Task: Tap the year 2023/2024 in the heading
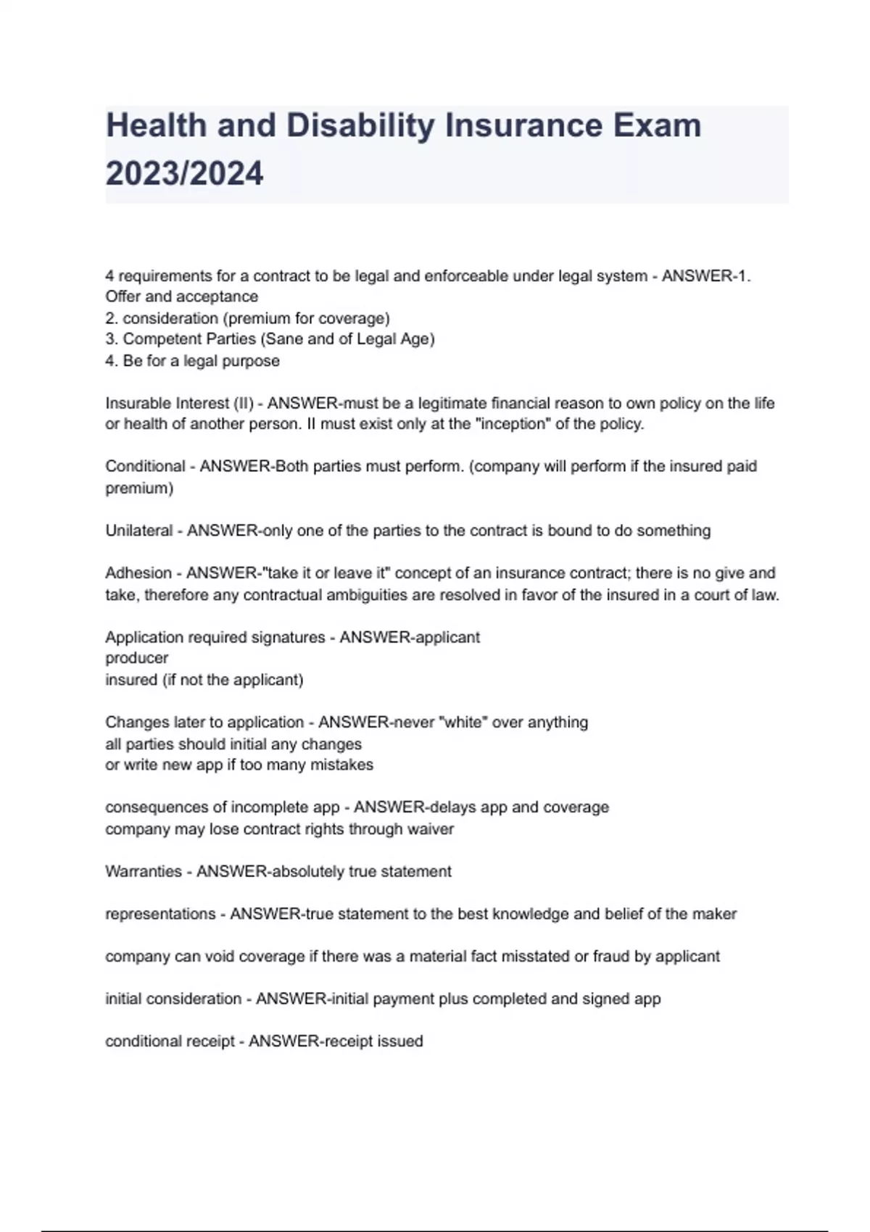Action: pos(184,174)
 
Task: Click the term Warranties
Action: pos(144,871)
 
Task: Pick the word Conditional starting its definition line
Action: pos(145,466)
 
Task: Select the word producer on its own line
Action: pos(136,658)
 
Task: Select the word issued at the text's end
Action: pos(402,1041)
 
